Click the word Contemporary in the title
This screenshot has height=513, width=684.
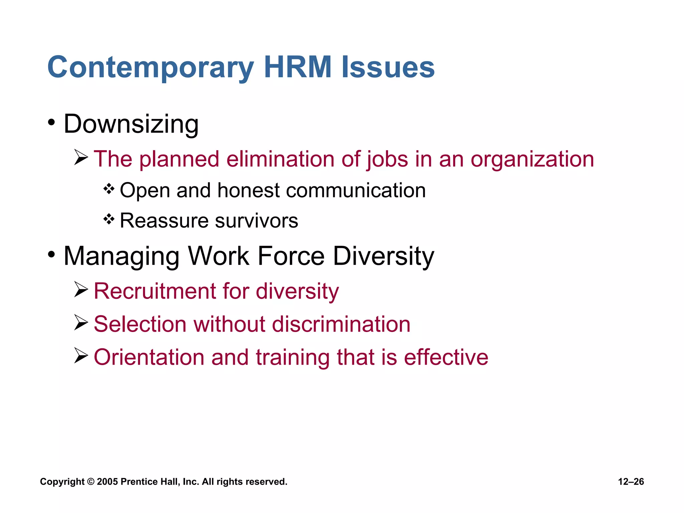[151, 68]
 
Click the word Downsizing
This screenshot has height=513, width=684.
[131, 124]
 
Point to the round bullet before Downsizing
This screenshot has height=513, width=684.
[51, 123]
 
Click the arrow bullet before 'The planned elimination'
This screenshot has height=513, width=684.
[81, 157]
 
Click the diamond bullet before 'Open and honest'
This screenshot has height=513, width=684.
[109, 189]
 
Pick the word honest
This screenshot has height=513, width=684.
[249, 190]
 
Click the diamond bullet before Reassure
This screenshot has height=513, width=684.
[109, 219]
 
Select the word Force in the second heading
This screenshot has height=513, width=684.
[291, 256]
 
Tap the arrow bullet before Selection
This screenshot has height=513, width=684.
[81, 323]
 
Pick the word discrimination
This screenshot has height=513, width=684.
[341, 324]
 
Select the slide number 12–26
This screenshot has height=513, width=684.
[631, 482]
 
